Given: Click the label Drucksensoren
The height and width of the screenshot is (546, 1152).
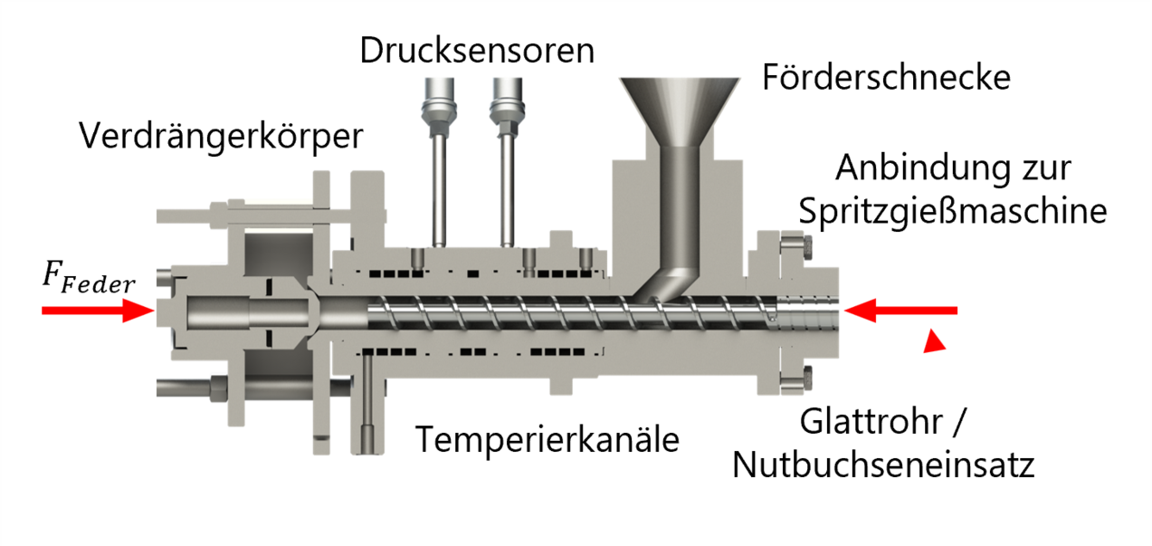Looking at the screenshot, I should (477, 50).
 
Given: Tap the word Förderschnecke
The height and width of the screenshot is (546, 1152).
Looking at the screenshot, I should (885, 77).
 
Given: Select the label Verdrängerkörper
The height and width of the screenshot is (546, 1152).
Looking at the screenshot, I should (221, 137).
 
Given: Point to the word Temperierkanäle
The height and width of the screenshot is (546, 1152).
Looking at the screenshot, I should (547, 440).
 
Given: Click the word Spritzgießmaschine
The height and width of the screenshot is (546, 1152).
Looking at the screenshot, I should (953, 212).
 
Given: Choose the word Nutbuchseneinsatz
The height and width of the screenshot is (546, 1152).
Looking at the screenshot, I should (882, 465).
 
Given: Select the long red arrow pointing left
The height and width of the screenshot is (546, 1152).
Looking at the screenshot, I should (900, 311).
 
